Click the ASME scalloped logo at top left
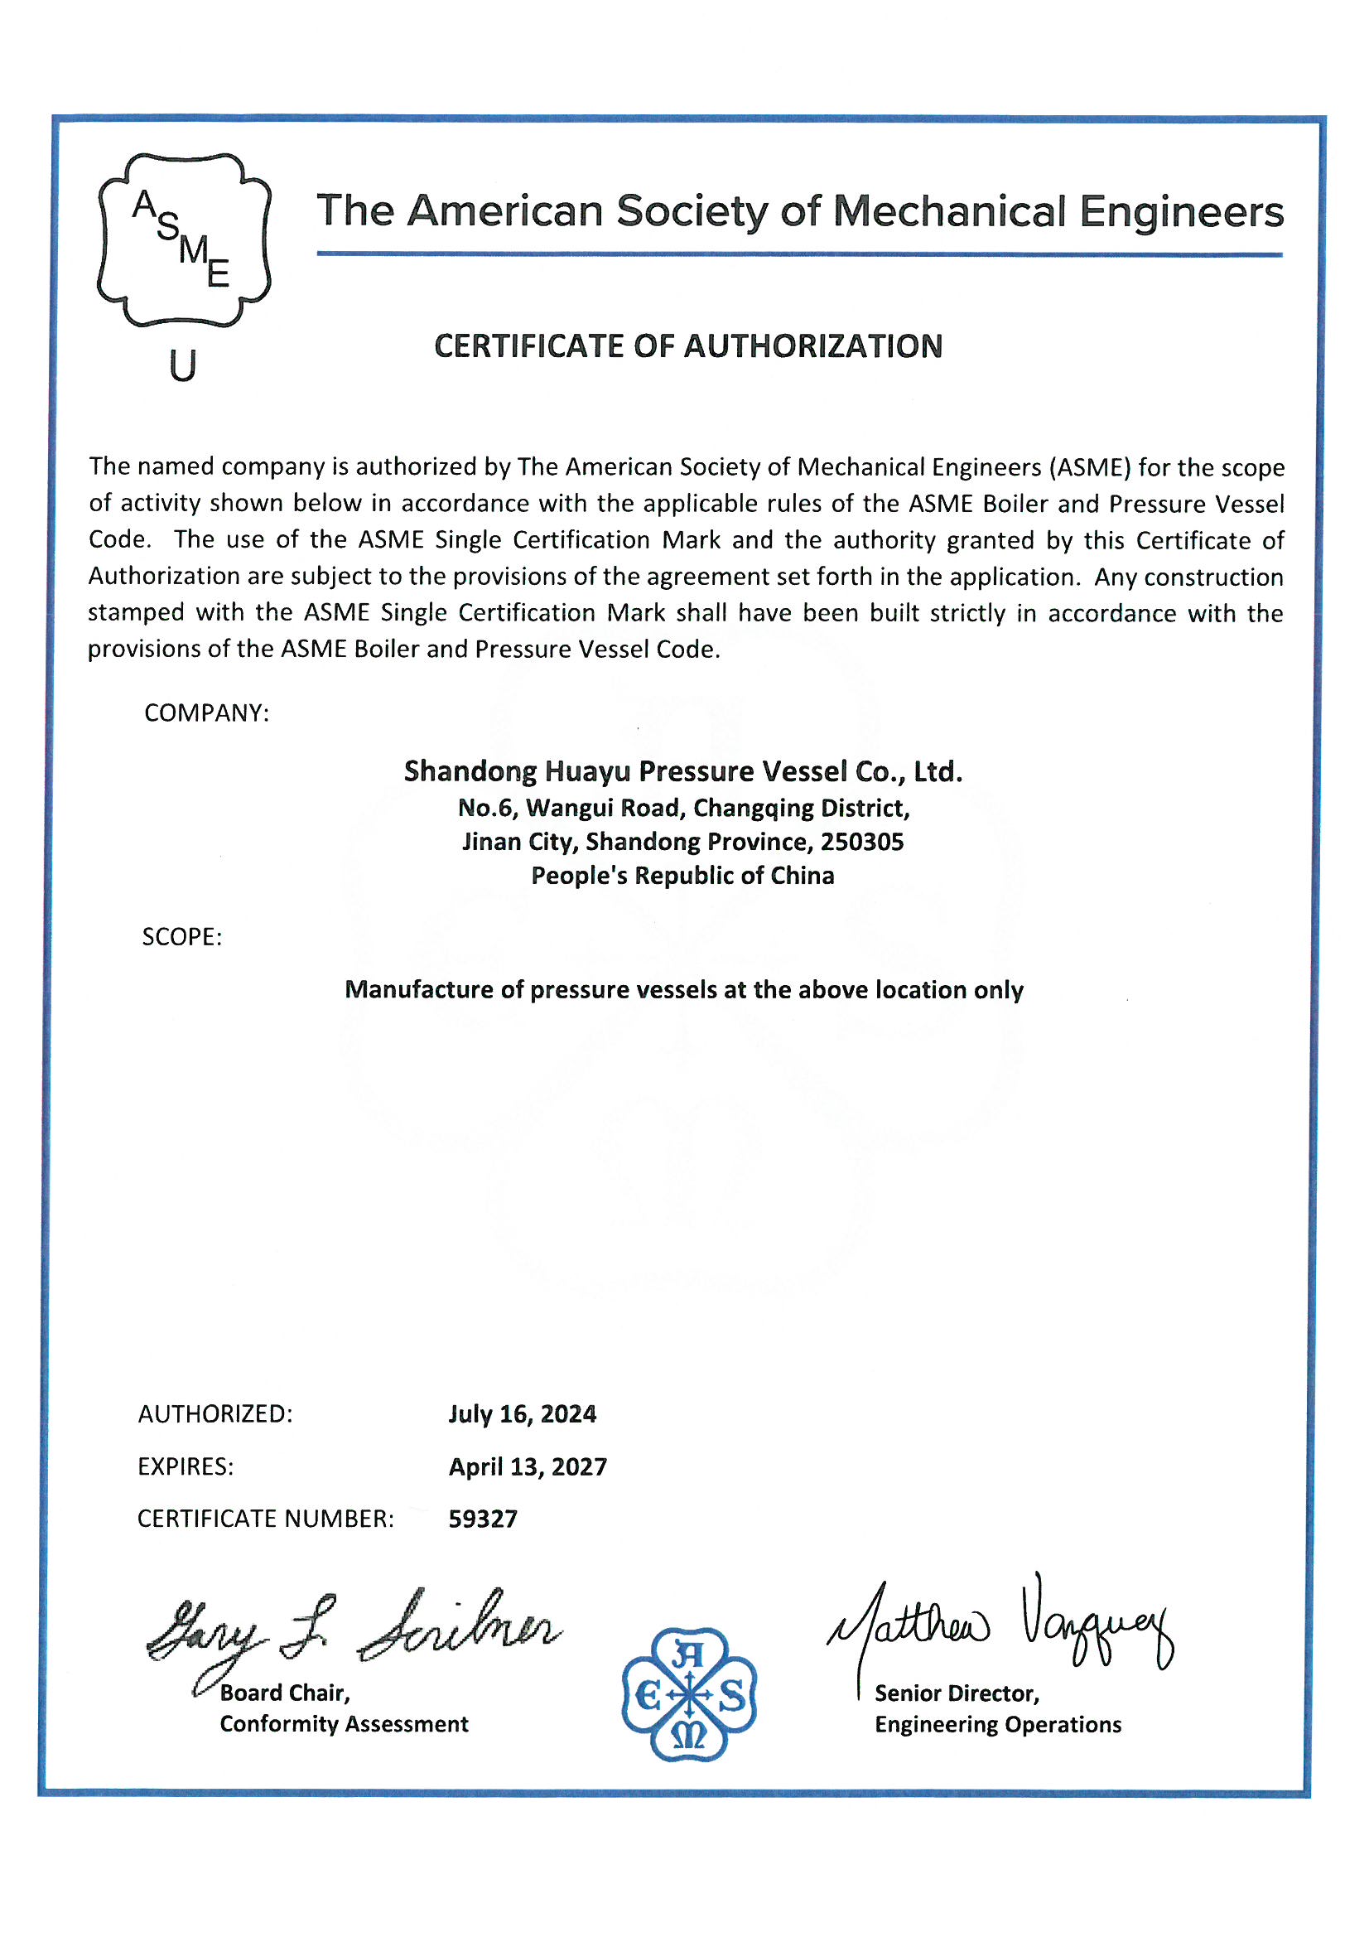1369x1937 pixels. [x=184, y=239]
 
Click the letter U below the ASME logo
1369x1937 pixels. [x=182, y=365]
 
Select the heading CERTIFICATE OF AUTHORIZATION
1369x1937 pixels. [x=687, y=346]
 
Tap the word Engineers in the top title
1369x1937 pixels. [x=1181, y=211]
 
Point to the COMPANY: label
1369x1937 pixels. [x=207, y=712]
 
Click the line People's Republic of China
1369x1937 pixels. [x=682, y=876]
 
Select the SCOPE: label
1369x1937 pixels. [x=182, y=936]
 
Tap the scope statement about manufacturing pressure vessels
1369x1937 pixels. [x=683, y=989]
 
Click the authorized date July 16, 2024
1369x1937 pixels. [x=522, y=1414]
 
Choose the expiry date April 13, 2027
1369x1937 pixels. [x=528, y=1466]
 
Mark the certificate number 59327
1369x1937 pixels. [x=483, y=1519]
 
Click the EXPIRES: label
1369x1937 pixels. [x=186, y=1466]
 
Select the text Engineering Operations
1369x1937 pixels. [x=998, y=1724]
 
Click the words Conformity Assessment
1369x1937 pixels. [x=345, y=1723]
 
